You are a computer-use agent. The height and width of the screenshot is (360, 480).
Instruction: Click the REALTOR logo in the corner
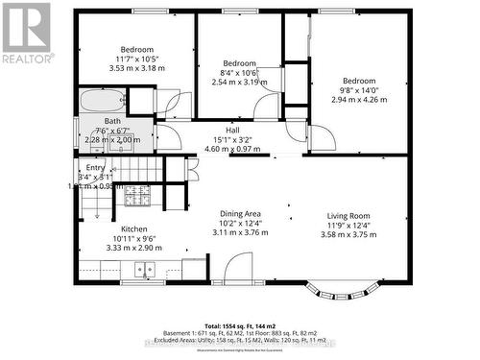click(26, 33)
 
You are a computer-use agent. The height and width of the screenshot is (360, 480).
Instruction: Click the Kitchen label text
click(133, 228)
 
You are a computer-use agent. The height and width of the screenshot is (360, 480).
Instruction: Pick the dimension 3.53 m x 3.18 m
click(136, 68)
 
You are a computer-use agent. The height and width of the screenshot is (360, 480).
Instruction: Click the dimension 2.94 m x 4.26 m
click(359, 99)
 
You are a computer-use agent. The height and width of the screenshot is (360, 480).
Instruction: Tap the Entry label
click(95, 167)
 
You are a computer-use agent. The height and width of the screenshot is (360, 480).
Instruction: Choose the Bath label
click(113, 121)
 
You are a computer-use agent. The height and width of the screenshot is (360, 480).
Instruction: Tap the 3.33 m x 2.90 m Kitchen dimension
click(133, 248)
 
